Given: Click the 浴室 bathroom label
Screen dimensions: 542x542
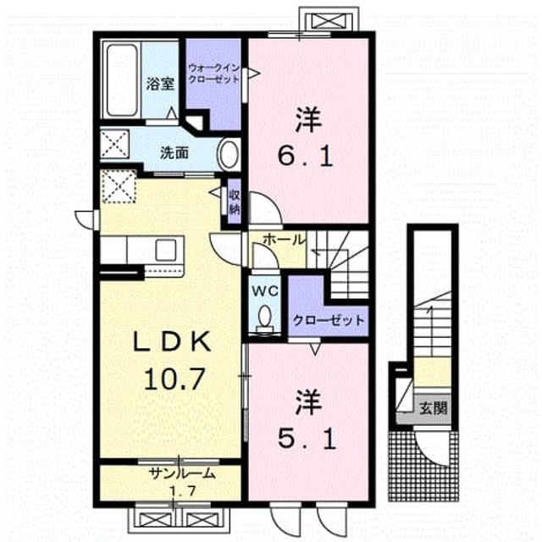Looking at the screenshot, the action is (160, 84).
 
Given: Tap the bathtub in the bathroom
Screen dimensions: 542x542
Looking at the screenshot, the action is (121, 80).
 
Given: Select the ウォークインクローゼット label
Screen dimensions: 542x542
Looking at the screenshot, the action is (213, 73).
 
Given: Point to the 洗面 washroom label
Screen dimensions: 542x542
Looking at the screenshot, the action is (174, 152).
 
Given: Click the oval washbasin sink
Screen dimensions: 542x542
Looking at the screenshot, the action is (229, 154).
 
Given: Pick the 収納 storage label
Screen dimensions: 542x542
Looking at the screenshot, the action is (235, 202).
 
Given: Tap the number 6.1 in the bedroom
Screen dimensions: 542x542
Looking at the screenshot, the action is (306, 158).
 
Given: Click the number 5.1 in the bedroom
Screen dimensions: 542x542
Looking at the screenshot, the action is (307, 440).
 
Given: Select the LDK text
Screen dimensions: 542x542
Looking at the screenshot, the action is (173, 341).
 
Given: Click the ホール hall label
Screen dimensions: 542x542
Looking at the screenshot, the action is (285, 240).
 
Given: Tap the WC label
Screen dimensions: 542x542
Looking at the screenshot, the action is (265, 291).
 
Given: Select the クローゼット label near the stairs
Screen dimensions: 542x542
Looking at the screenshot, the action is (329, 320).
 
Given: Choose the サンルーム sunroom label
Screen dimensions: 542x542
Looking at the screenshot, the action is (182, 474).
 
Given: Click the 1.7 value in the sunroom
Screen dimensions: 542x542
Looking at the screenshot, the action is (183, 490).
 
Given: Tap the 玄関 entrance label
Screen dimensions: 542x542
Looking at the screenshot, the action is (434, 408).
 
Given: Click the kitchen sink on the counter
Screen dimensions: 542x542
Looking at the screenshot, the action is (166, 250).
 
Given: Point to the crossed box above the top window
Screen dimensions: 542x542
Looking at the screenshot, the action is (329, 20).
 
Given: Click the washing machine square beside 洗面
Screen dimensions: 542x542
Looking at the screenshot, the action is (114, 144).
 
